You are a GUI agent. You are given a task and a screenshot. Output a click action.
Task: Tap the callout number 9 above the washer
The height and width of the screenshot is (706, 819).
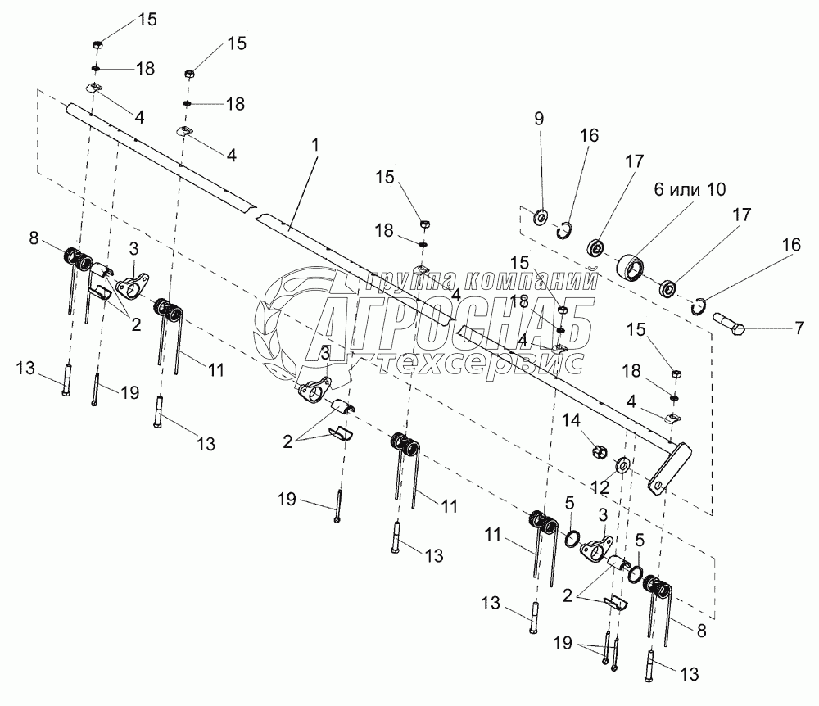[x=538, y=119]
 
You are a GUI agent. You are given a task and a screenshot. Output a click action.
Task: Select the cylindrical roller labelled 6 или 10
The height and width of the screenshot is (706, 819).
[x=631, y=267]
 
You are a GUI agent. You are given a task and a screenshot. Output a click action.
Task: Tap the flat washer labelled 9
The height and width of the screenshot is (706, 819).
[x=541, y=219]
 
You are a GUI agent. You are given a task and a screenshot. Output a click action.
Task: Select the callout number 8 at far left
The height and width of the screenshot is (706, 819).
[x=33, y=239]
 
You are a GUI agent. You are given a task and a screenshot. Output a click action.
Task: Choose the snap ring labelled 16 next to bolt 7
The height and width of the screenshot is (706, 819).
[x=696, y=306]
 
